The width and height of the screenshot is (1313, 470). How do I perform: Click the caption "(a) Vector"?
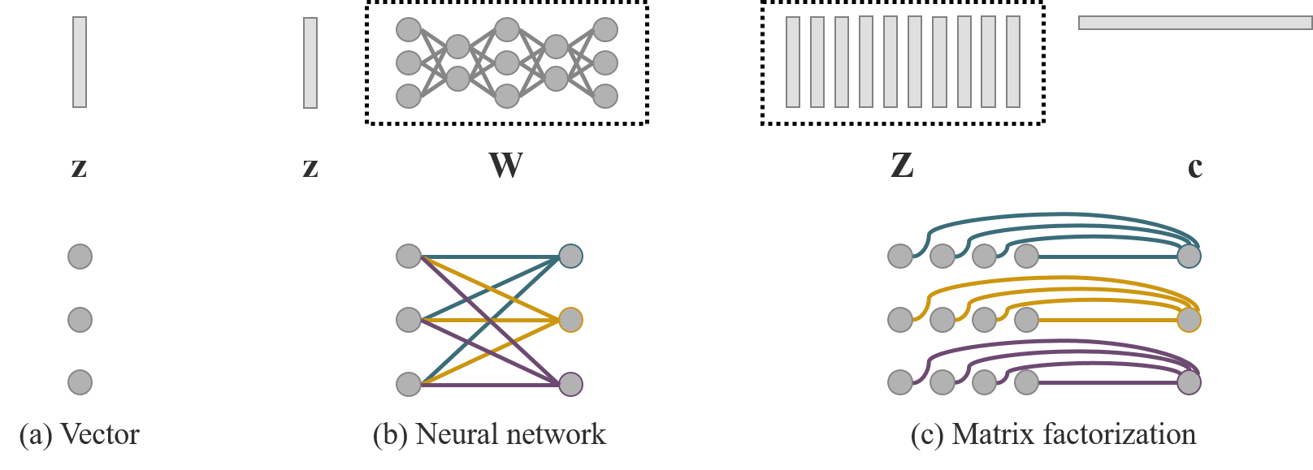79,435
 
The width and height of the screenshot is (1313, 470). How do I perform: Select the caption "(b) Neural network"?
489,435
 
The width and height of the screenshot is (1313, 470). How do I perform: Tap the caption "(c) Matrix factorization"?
1053,435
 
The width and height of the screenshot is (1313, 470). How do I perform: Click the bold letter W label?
505,166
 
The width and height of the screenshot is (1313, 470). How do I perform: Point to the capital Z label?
902,166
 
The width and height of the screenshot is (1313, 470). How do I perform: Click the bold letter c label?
1194,166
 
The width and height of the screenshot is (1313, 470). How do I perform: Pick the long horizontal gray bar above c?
1194,23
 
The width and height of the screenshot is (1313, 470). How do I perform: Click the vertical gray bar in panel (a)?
80,63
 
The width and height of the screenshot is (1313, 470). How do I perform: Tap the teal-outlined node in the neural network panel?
570,257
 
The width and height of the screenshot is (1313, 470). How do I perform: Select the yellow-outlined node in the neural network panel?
570,320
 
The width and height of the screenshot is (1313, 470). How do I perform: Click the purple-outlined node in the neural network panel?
570,383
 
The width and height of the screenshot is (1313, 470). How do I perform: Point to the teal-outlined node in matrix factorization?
1189,257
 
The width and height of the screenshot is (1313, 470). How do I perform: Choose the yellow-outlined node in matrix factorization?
1189,320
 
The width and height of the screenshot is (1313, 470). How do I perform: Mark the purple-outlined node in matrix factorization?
1189,382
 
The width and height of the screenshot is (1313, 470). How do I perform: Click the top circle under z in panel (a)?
80,257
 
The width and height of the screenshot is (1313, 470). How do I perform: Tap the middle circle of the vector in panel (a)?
80,320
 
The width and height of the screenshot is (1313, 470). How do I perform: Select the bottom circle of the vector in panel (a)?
80,382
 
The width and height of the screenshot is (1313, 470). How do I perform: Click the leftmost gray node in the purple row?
899,382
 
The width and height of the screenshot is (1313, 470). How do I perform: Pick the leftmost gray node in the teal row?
899,257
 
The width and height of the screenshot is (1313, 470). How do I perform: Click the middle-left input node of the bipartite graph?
409,320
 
